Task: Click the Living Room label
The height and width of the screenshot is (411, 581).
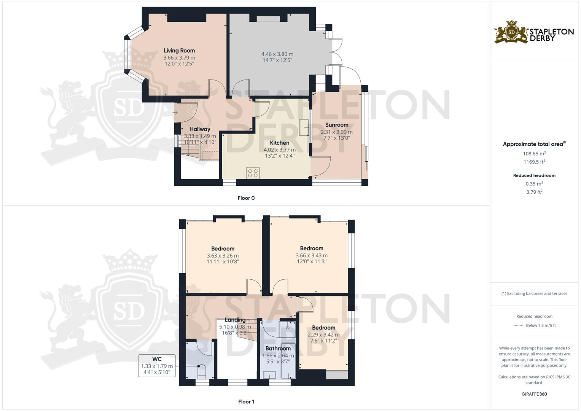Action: click(x=179, y=51)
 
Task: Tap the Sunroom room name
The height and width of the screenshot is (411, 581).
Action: click(x=337, y=125)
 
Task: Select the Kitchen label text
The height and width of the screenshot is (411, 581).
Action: click(x=280, y=143)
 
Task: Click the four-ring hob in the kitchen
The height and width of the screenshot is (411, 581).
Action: click(x=253, y=173)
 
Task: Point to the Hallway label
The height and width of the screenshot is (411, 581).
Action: click(x=200, y=129)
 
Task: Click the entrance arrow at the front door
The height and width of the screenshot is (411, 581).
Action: click(x=175, y=112)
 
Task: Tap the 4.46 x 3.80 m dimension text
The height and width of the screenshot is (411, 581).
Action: click(x=277, y=54)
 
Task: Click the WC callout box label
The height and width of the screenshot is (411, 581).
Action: click(x=157, y=359)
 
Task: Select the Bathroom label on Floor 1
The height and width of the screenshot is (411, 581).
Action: click(x=278, y=348)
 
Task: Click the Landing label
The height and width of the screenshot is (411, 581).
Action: click(x=235, y=320)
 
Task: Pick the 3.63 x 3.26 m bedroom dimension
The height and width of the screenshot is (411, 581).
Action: click(x=223, y=256)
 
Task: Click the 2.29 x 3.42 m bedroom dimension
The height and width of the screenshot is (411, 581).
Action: click(x=324, y=335)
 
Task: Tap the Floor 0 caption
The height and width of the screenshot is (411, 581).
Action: click(x=246, y=198)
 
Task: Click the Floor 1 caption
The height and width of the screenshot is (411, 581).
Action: click(x=246, y=401)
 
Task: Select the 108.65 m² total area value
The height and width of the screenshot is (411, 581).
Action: click(x=534, y=154)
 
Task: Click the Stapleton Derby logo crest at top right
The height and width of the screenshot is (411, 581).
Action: click(x=511, y=32)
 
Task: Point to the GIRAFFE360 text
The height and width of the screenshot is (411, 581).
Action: click(x=534, y=394)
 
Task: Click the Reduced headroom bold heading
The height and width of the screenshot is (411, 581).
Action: click(x=534, y=175)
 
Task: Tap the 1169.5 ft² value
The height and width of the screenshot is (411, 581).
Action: click(x=534, y=162)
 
